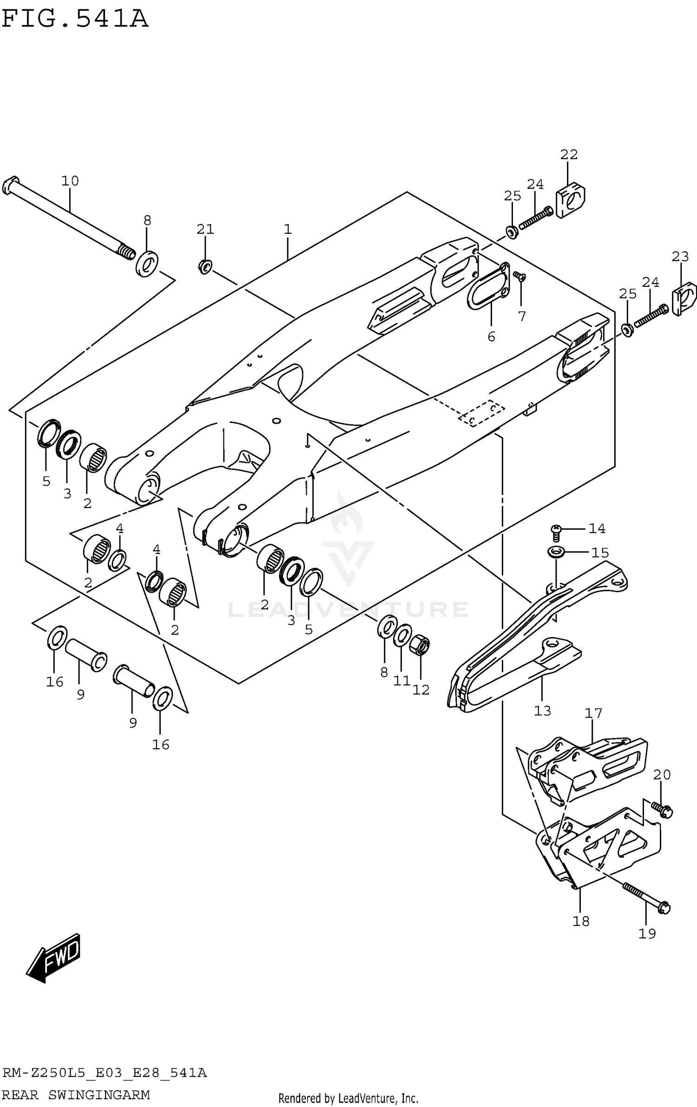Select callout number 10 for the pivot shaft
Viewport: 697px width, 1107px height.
[x=70, y=180]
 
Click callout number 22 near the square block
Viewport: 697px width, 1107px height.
[x=568, y=154]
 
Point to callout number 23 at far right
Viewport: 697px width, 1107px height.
[x=680, y=256]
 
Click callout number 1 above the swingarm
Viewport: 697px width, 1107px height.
[x=288, y=229]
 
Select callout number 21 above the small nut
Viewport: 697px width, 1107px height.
[x=205, y=229]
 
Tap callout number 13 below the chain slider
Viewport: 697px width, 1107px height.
[x=542, y=711]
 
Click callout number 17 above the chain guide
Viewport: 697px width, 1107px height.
[x=593, y=713]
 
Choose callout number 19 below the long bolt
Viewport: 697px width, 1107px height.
[x=647, y=934]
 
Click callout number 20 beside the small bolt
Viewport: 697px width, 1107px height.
[x=662, y=775]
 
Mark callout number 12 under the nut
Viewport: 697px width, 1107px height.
[x=421, y=690]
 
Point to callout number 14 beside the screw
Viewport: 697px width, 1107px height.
[x=597, y=528]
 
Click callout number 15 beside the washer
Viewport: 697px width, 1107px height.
[x=600, y=553]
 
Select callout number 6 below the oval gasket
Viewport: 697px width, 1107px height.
[x=491, y=336]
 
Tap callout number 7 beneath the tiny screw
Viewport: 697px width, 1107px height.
[x=522, y=316]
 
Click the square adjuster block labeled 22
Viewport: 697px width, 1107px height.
[x=571, y=201]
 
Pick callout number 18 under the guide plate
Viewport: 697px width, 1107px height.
[x=581, y=921]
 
